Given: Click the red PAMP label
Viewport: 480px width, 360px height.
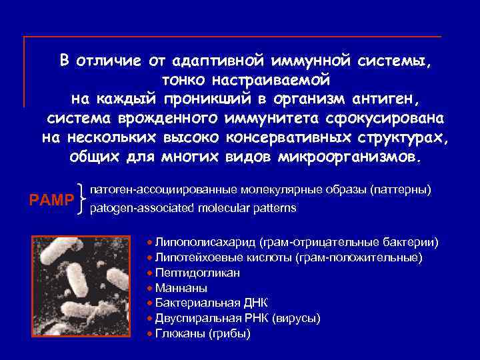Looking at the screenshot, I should (51, 199).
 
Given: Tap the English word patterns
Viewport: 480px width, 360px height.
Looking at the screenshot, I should (275, 208).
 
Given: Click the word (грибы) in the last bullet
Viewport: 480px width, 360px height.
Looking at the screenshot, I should (228, 333).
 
